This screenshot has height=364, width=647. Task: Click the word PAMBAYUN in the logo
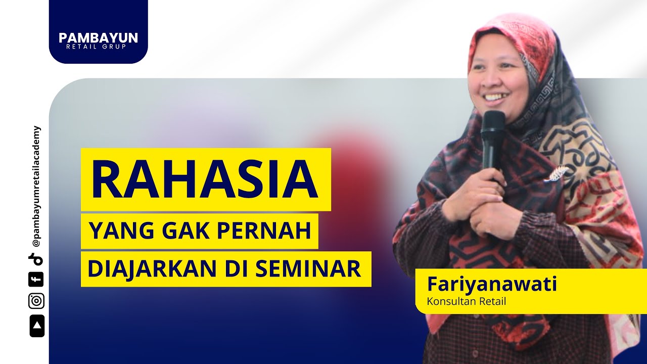98,38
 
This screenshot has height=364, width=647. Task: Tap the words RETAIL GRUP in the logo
98,47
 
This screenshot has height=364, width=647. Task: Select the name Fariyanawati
492,284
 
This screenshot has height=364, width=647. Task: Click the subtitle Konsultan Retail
467,302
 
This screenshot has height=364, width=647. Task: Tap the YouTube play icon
36,326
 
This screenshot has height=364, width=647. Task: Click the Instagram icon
36,301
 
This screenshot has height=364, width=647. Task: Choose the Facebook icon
36,279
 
